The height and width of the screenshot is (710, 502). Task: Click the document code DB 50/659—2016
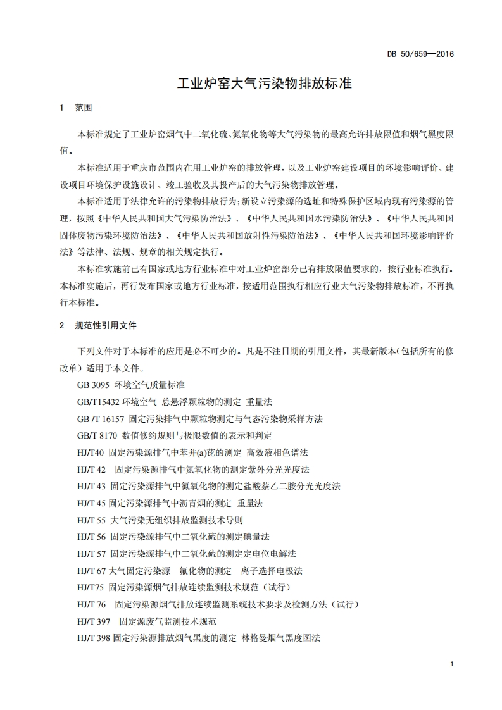point(420,54)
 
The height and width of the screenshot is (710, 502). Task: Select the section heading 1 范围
point(76,108)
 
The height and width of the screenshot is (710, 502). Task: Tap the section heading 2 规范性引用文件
point(98,326)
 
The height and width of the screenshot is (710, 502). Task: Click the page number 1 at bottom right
point(451,664)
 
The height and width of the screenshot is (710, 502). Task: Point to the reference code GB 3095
point(91,385)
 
